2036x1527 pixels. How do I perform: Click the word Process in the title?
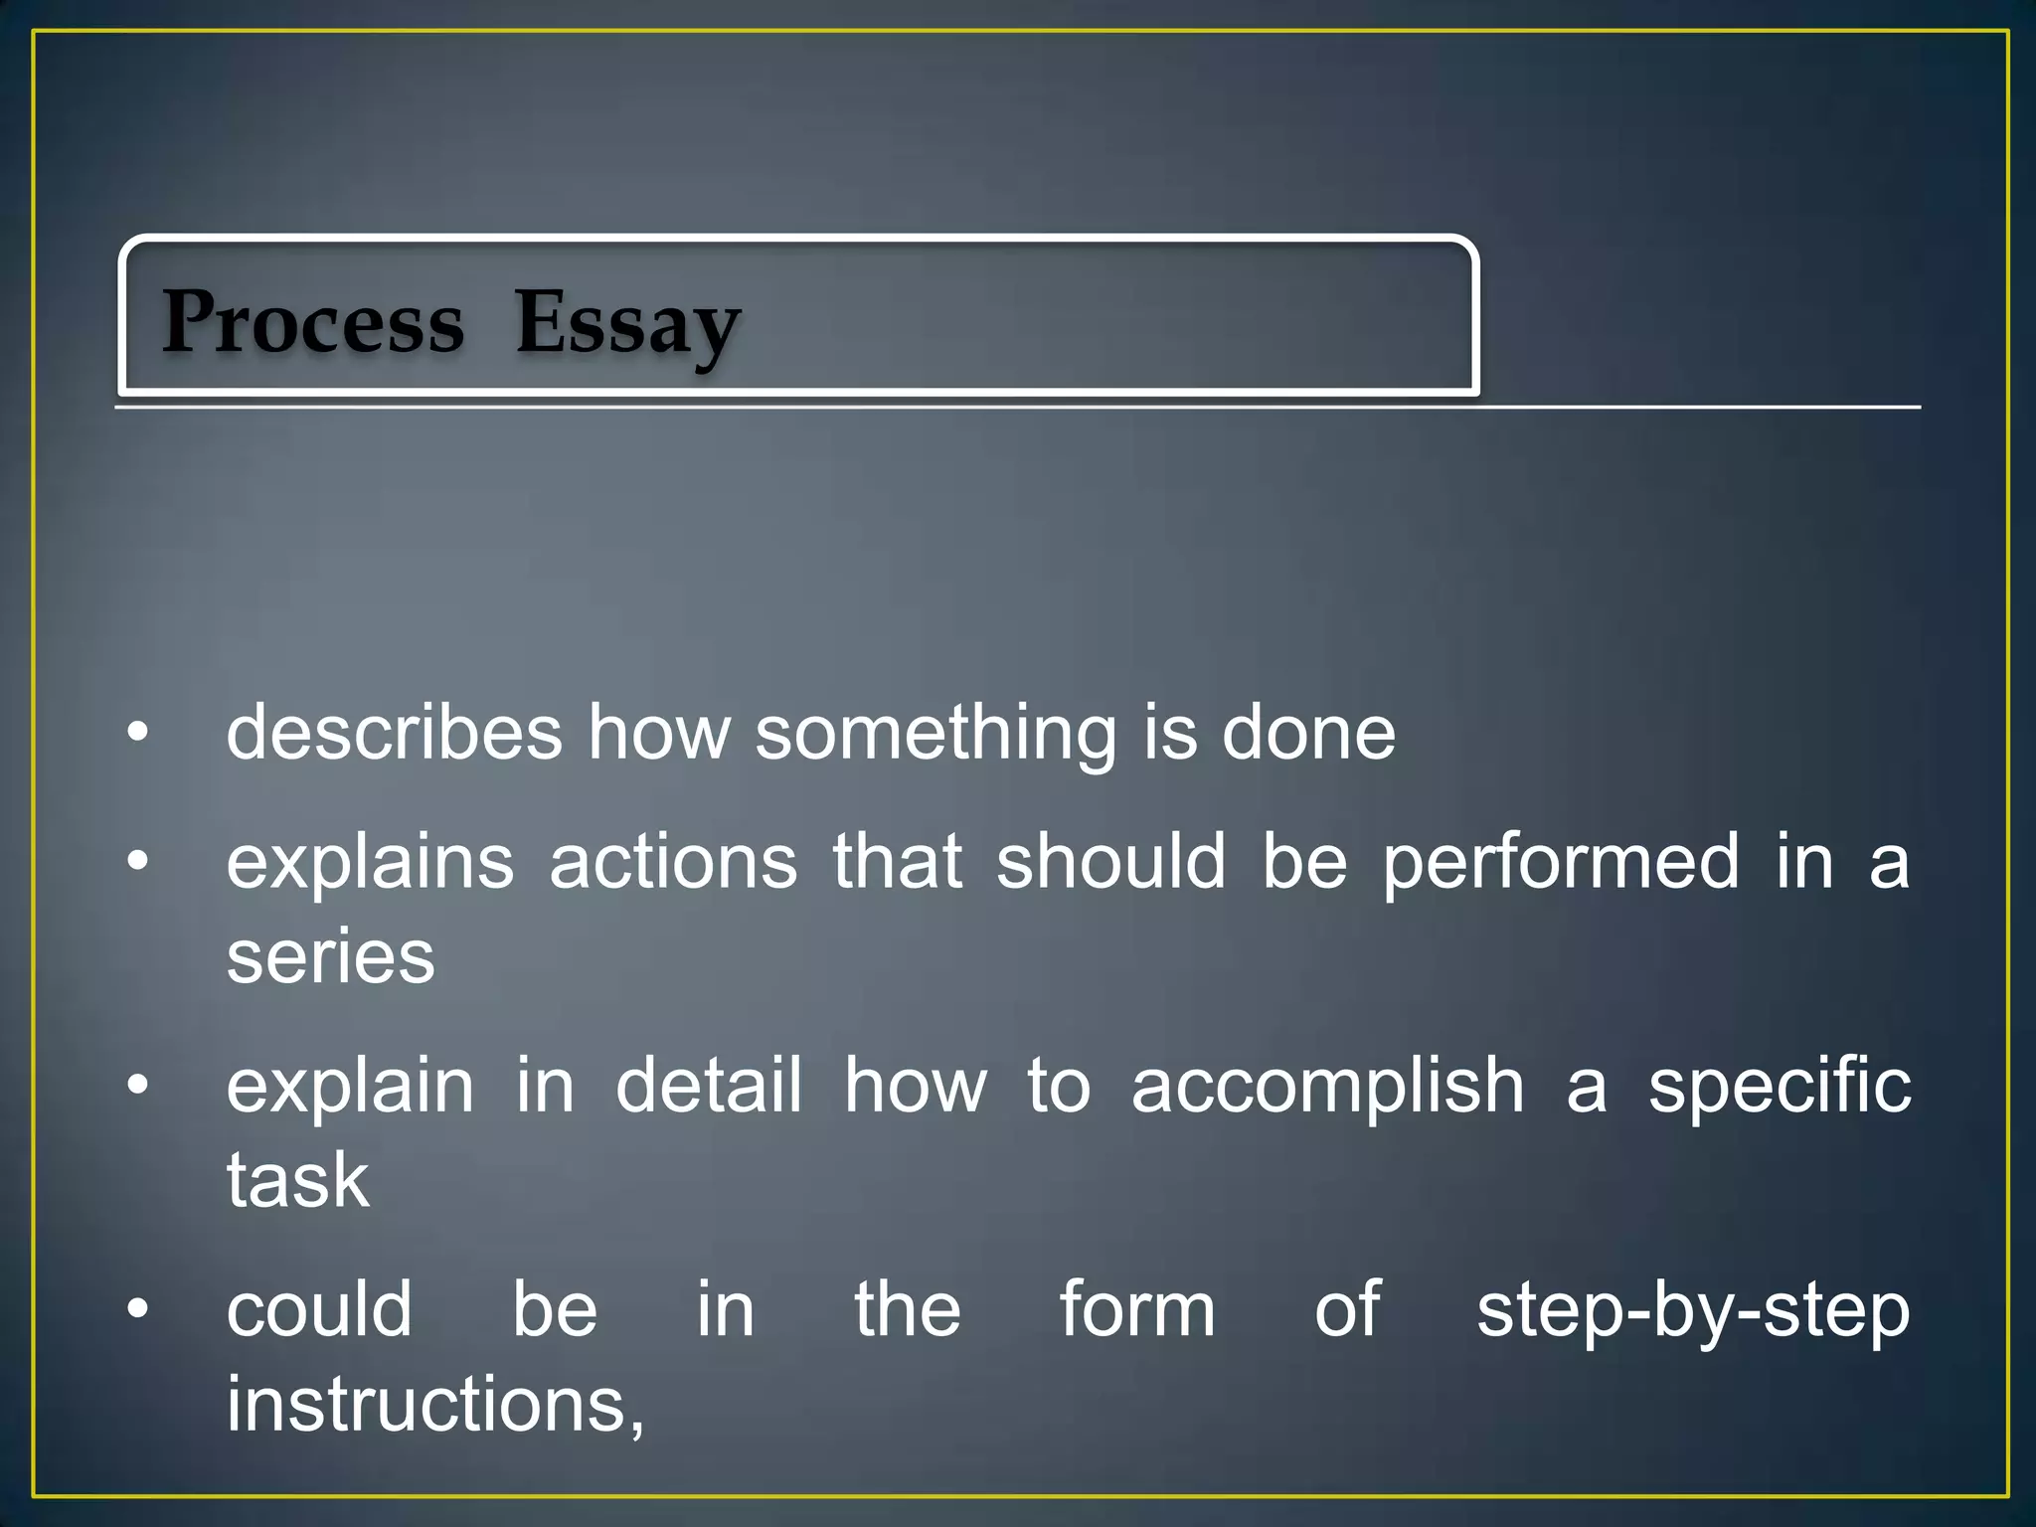313,322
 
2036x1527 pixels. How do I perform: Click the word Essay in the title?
627,324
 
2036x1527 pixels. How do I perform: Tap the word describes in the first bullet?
395,733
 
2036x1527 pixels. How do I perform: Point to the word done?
1308,733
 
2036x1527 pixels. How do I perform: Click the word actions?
673,861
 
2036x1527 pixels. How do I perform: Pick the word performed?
1561,863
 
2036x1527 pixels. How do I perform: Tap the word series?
331,956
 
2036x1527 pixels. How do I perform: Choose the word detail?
709,1085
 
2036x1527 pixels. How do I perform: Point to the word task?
298,1180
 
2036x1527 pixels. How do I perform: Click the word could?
319,1309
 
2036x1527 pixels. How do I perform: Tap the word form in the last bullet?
1137,1309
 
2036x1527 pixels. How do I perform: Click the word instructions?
435,1404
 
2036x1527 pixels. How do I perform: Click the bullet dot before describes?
138,735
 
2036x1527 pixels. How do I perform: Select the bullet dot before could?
138,1309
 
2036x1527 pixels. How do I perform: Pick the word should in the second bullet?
1111,861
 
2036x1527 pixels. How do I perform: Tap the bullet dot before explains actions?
138,861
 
